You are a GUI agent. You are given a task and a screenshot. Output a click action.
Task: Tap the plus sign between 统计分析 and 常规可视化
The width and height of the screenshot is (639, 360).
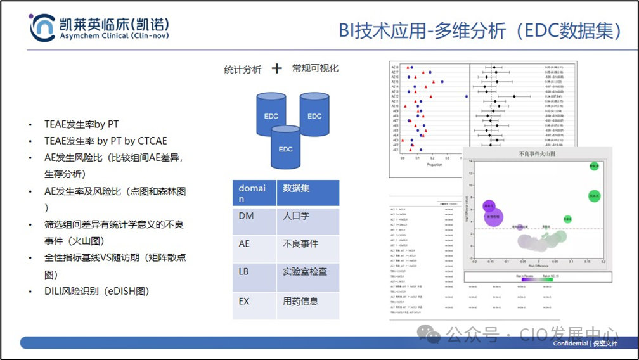pyautogui.click(x=276, y=68)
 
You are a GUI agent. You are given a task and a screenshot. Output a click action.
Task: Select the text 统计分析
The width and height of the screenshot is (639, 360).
pyautogui.click(x=242, y=69)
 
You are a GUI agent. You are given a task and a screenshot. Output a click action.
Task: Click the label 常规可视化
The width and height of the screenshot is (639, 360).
pyautogui.click(x=315, y=68)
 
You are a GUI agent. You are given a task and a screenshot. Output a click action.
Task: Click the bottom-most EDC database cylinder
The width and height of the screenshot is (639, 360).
pyautogui.click(x=286, y=147)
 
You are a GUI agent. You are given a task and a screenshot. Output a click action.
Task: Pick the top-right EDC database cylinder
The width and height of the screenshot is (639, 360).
pyautogui.click(x=315, y=115)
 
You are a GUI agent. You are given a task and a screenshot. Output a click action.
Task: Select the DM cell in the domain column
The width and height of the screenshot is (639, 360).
pyautogui.click(x=247, y=216)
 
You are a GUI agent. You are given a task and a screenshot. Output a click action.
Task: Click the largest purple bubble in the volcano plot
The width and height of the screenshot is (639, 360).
pyautogui.click(x=493, y=217)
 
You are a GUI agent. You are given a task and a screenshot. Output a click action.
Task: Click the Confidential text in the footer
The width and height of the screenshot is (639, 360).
pyautogui.click(x=569, y=344)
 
